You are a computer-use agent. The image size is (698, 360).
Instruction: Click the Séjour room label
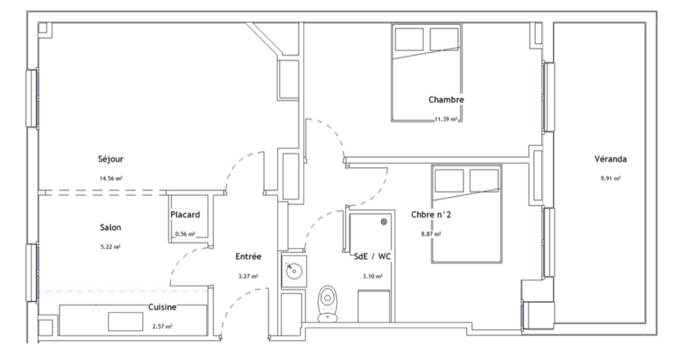pos(110,159)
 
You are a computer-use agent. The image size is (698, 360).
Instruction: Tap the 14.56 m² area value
pos(111,178)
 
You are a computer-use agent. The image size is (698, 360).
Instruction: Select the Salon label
pos(110,227)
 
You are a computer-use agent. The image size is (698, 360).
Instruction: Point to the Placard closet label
pos(185,214)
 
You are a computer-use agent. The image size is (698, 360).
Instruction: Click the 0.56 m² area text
pos(185,234)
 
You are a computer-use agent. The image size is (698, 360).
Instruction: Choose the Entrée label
pos(249,256)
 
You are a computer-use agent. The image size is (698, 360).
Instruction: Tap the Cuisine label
pos(162,307)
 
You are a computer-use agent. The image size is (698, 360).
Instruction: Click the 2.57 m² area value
pos(162,327)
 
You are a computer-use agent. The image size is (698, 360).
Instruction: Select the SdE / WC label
pos(372,256)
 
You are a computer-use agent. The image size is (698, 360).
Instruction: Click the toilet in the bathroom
pos(327,304)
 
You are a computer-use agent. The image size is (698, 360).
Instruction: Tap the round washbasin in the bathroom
pos(294,270)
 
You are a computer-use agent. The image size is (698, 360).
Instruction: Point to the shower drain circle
pos(384,221)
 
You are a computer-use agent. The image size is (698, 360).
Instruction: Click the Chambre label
pos(446,99)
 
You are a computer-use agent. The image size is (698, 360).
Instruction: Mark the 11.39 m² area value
pos(446,119)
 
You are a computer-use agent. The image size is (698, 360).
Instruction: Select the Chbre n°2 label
pos(431,214)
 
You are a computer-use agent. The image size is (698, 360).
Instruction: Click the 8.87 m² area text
pos(431,234)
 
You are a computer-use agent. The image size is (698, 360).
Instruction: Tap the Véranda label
pos(611,159)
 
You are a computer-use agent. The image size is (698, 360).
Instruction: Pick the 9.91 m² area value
pos(611,178)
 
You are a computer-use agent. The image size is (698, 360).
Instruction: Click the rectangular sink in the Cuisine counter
pos(126,322)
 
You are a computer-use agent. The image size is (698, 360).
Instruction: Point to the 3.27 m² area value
pos(249,277)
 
